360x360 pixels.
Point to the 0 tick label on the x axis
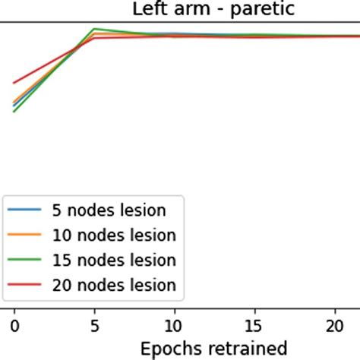click(x=14, y=325)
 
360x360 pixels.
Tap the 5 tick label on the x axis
click(x=94, y=325)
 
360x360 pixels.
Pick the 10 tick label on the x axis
click(x=175, y=325)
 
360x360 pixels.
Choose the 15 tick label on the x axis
click(x=255, y=325)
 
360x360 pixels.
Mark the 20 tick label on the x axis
click(x=336, y=325)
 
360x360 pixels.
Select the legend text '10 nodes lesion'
click(x=113, y=235)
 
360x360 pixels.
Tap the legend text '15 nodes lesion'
click(x=113, y=261)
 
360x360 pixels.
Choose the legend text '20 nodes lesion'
click(x=113, y=286)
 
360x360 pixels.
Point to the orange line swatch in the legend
click(x=25, y=235)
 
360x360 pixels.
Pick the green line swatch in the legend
click(x=25, y=261)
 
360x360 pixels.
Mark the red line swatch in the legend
click(x=25, y=286)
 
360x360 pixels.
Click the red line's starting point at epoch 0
click(x=14, y=83)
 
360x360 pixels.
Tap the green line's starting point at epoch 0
click(x=14, y=112)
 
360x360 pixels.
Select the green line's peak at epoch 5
click(x=94, y=29)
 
